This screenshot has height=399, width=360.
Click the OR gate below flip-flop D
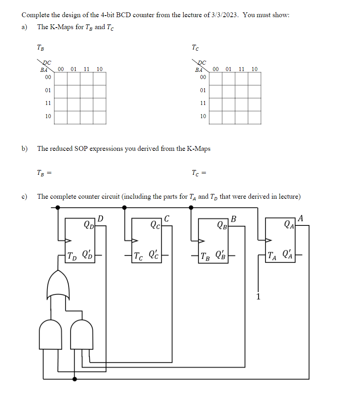(x=58, y=286)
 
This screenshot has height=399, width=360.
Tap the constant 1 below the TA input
(x=258, y=296)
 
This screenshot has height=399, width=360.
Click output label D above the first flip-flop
(x=101, y=219)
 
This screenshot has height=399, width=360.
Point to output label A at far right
(x=301, y=218)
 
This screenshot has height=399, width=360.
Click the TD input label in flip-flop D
(x=73, y=255)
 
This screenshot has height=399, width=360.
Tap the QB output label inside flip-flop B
(x=222, y=225)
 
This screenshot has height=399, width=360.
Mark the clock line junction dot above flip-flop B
(x=191, y=207)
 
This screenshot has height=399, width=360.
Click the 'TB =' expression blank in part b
(x=45, y=173)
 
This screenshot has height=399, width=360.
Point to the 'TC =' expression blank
(x=200, y=173)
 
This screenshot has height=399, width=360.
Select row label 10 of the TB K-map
(x=48, y=116)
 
